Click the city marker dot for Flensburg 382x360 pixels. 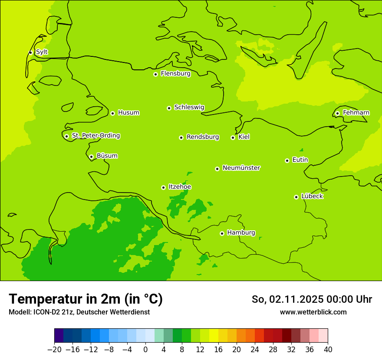[x=155, y=74]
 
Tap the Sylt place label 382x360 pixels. [x=42, y=52]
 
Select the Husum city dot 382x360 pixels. [x=112, y=113]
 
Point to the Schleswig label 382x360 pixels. [x=189, y=107]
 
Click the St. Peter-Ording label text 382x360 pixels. [x=95, y=135]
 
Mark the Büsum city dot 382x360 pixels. [x=91, y=157]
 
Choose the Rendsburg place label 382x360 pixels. [x=203, y=137]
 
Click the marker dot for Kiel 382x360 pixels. [x=233, y=137]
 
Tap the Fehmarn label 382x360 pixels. [x=356, y=113]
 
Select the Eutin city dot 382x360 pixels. [x=287, y=160]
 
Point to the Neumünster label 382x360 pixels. [x=241, y=168]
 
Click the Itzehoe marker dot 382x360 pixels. [x=163, y=187]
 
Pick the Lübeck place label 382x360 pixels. [x=312, y=196]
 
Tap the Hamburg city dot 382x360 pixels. [x=222, y=233]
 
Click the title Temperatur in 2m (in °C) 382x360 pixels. [x=86, y=299]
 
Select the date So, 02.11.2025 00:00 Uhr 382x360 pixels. [x=312, y=299]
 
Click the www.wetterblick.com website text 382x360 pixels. [x=313, y=312]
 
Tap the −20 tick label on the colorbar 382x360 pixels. [x=54, y=350]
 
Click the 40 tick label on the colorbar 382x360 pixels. [x=328, y=350]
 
